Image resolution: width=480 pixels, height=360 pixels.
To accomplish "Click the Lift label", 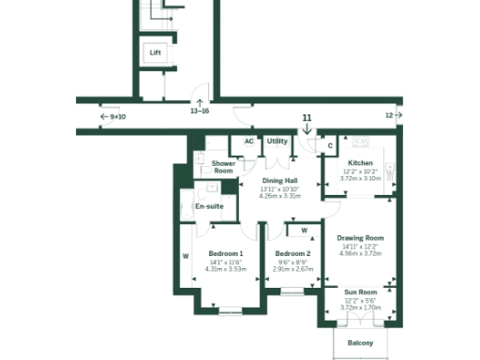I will [x=156, y=53].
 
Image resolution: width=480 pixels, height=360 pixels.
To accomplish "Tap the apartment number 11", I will [x=307, y=117].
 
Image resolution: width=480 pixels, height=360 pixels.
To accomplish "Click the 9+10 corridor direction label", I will [x=117, y=117].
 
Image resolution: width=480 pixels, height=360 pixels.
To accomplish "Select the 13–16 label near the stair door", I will [x=200, y=111].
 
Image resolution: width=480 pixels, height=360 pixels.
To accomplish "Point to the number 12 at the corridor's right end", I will [x=389, y=115].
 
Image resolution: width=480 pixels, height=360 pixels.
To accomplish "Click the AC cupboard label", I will [x=248, y=142].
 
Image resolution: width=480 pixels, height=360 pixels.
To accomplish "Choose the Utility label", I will [x=277, y=142].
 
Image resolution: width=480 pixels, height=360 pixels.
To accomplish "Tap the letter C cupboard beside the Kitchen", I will [x=330, y=145].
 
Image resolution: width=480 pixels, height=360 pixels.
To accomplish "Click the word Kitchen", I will [x=360, y=163].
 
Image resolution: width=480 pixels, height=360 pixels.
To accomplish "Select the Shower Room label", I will [x=223, y=167].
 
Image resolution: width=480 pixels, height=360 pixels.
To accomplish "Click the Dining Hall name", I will [x=279, y=180].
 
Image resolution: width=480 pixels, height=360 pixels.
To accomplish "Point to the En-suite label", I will [x=207, y=206].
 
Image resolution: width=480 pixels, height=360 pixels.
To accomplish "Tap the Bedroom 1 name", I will [x=225, y=253].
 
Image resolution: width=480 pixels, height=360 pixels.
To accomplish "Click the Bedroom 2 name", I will [x=292, y=253].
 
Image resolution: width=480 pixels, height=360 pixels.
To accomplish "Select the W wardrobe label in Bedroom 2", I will [x=304, y=230].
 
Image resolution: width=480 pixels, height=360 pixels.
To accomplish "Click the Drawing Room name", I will [x=360, y=238].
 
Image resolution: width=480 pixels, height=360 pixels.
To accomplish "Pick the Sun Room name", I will [x=360, y=292].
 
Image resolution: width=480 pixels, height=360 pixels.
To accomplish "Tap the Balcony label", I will [x=360, y=343].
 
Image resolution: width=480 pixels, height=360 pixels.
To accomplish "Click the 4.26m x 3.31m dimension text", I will [x=279, y=197].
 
